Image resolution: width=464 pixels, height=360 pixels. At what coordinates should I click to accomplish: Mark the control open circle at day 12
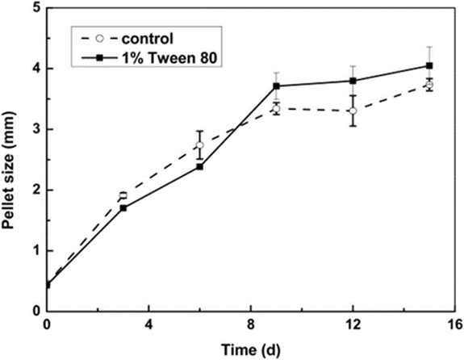point(353,111)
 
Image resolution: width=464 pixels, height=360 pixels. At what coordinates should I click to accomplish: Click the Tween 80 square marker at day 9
point(276,86)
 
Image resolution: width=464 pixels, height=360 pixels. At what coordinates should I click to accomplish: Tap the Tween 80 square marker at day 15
point(429,65)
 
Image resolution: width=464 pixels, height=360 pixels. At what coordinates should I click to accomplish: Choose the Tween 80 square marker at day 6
point(199,166)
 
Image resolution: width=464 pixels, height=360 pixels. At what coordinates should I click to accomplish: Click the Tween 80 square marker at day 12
point(353,81)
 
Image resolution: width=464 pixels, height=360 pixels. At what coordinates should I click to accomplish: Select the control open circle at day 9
point(276,108)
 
